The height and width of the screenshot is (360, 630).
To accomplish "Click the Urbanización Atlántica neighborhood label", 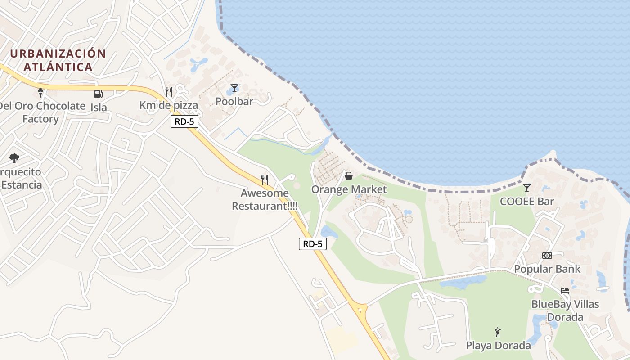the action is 58,60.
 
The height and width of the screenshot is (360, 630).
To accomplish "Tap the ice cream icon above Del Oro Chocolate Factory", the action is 40,93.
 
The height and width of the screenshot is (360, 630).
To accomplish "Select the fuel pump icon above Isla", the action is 98,94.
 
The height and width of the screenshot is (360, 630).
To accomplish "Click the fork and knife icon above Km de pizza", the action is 169,92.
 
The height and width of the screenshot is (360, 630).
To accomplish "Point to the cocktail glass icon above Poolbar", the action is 234,88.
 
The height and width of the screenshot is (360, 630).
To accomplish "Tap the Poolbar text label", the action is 234,101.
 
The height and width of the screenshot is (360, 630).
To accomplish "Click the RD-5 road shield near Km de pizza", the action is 184,121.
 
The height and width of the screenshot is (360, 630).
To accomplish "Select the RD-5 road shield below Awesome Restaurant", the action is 312,244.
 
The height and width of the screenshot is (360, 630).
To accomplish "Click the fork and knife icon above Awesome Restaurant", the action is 265,180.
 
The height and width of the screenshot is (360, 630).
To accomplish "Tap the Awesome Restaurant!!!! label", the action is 265,200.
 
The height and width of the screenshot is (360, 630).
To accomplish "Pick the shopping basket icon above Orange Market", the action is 348,176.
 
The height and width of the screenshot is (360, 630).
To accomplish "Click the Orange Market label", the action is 349,189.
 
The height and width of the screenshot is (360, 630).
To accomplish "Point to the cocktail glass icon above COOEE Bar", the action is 526,188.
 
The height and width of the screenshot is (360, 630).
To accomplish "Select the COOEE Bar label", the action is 526,201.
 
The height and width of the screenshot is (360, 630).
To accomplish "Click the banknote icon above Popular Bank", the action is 547,255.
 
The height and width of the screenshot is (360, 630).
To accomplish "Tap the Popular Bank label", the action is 547,269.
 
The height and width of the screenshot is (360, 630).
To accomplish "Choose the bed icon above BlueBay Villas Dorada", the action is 565,290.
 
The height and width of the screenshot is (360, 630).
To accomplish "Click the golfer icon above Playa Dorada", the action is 498,332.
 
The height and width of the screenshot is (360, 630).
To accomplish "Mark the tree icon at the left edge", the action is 14,158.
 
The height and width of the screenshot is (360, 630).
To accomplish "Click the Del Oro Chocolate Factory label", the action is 41,112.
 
